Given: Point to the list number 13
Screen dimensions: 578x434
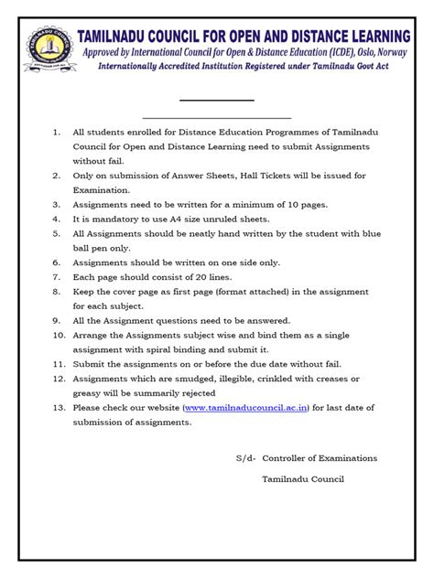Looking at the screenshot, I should coord(58,407).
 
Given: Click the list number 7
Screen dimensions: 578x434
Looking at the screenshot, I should coord(57,275).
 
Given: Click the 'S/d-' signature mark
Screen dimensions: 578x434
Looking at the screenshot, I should coord(245,457).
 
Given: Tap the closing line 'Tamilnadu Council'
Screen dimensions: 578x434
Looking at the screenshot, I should coord(302,480).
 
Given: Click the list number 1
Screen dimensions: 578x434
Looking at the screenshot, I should coord(57,131).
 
